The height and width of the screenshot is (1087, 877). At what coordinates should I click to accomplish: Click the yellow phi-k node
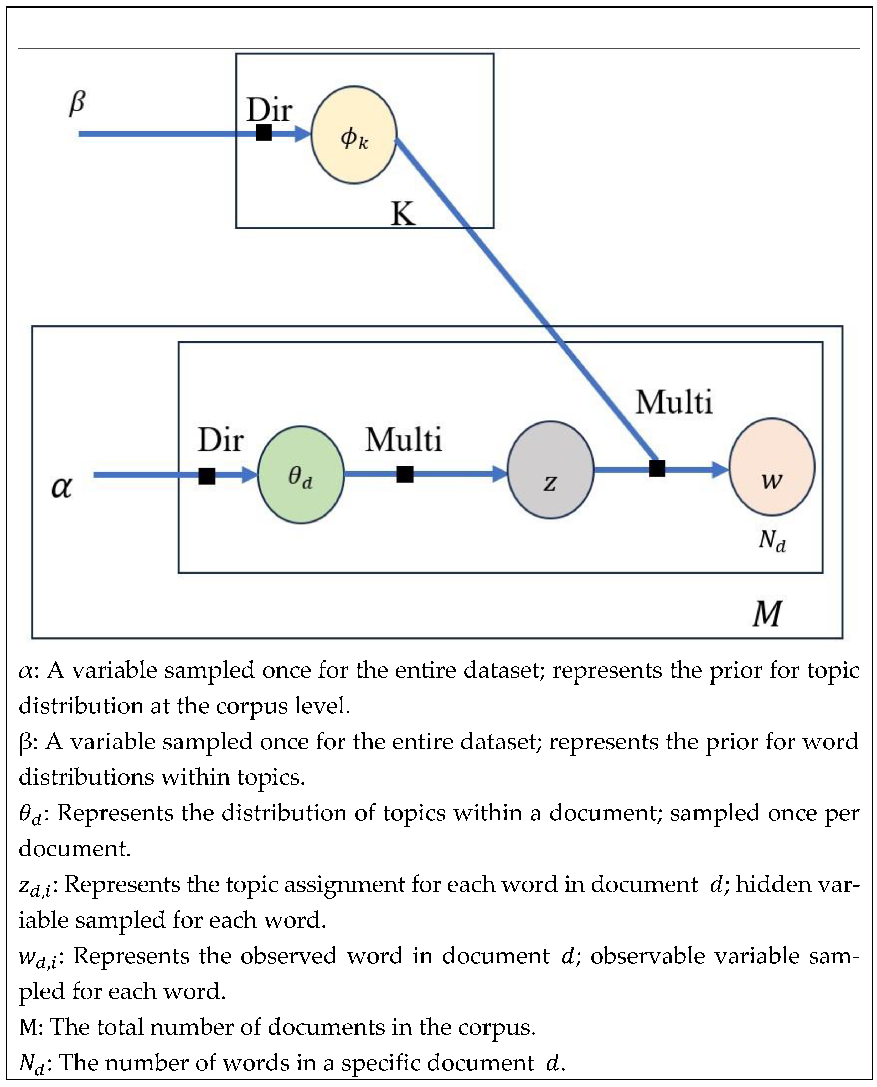pos(354,135)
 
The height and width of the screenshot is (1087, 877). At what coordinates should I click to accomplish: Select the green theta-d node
pos(301,475)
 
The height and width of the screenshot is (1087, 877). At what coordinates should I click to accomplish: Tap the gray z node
pos(550,470)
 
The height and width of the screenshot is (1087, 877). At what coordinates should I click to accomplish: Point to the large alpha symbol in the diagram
pos(62,488)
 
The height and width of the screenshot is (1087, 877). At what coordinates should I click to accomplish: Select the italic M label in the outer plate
pos(767,614)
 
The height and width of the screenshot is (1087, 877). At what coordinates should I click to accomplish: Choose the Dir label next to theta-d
pos(220,440)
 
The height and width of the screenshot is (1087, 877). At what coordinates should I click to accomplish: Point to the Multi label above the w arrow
pos(673,402)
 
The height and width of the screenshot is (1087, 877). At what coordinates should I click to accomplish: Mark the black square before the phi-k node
pos(264,133)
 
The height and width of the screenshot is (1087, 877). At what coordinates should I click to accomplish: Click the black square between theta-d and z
pos(405,474)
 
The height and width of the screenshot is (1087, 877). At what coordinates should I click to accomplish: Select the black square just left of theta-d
pos(207,476)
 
